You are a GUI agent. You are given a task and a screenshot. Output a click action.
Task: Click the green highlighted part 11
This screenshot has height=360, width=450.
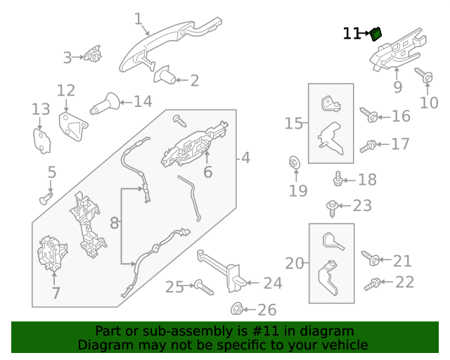pyautogui.click(x=376, y=32)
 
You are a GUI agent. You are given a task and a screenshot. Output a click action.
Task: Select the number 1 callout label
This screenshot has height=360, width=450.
pyautogui.click(x=138, y=19)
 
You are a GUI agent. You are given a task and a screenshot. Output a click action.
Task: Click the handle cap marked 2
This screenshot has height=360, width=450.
pyautogui.click(x=164, y=75)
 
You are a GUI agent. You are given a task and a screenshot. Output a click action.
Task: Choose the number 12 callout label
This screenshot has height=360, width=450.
pyautogui.click(x=65, y=90)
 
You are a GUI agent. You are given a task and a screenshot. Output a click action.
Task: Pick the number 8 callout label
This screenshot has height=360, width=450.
pyautogui.click(x=115, y=224)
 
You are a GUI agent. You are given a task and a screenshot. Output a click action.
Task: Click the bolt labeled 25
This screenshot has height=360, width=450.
pyautogui.click(x=202, y=286)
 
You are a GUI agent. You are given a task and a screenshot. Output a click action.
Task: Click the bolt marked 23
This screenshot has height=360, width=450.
pyautogui.click(x=331, y=206)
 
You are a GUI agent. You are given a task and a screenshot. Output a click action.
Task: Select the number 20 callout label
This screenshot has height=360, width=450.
pyautogui.click(x=295, y=264)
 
